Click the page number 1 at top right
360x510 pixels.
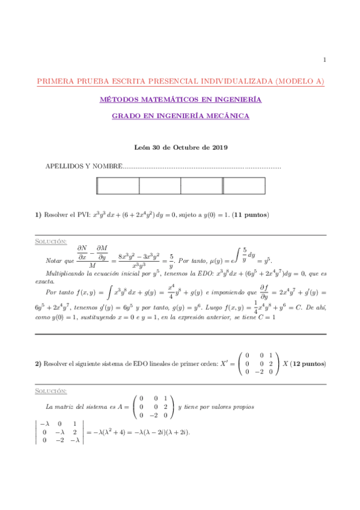tap(325, 60)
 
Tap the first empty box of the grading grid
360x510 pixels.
tap(118, 186)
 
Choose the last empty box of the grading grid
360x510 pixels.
tap(243, 186)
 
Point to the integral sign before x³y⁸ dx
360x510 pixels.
tap(108, 292)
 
